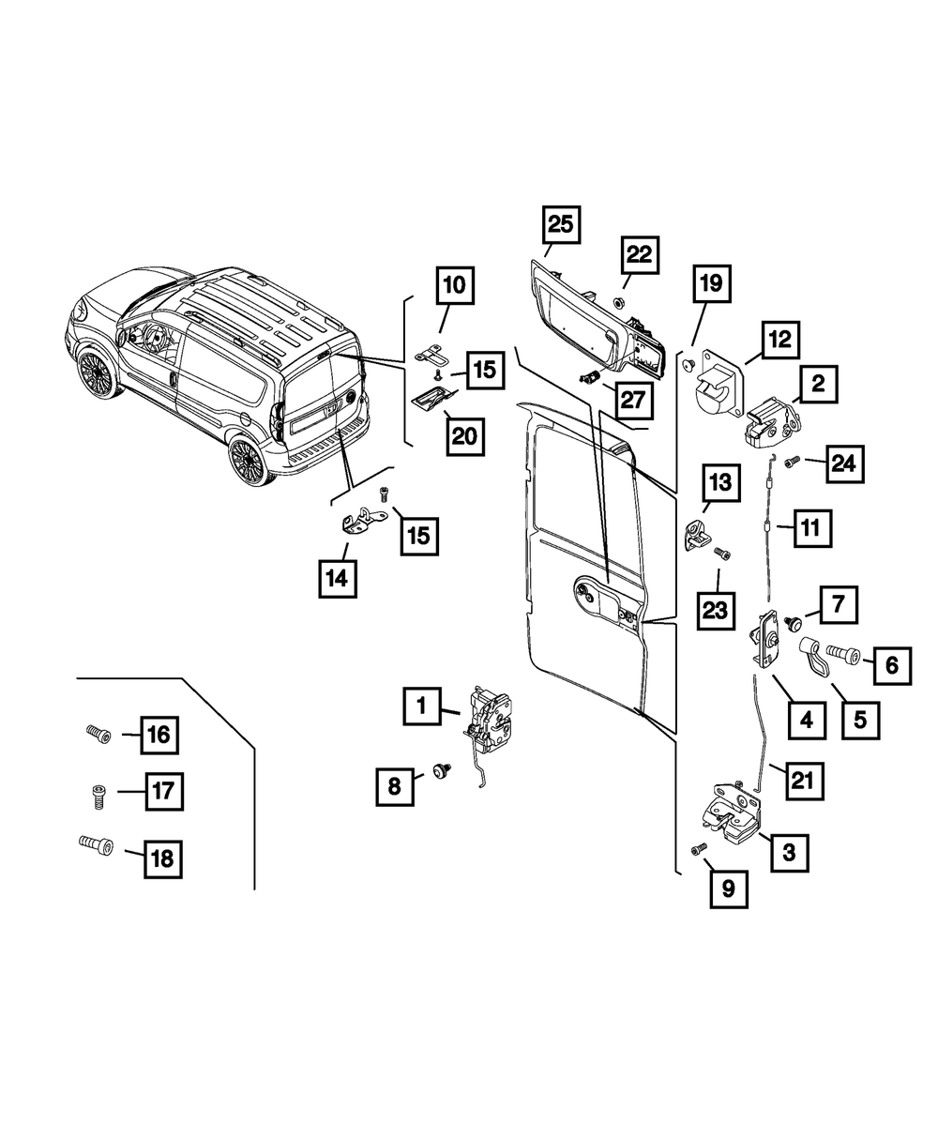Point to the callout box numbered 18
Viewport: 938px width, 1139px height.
163,858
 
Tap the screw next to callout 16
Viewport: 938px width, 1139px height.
98,733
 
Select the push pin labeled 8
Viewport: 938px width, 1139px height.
440,771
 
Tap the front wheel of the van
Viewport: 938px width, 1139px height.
96,374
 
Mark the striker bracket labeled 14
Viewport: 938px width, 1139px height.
359,520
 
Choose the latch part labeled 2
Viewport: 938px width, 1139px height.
772,422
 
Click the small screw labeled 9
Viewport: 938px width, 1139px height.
695,849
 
